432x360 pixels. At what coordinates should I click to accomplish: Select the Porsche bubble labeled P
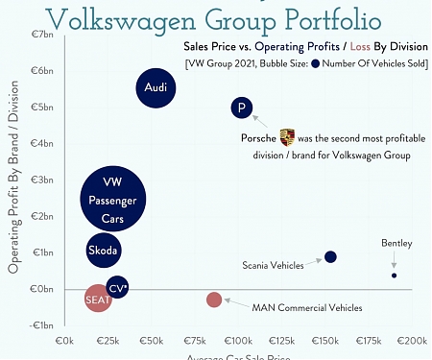[242, 108]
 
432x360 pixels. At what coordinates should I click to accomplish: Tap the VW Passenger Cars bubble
[112, 200]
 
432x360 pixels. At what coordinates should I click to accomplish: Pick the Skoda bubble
[103, 251]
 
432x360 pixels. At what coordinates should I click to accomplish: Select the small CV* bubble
[117, 287]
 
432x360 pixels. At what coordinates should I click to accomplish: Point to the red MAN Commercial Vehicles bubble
[214, 300]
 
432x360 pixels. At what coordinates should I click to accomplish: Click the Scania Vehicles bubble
[330, 256]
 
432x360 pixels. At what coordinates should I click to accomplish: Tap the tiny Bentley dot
[394, 276]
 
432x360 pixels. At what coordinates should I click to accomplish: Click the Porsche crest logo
[286, 137]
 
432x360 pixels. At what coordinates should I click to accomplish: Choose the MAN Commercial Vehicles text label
[307, 308]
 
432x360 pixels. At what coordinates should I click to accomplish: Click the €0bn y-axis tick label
[43, 289]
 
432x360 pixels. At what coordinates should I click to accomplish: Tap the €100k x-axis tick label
[238, 341]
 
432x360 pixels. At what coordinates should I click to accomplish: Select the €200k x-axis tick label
[412, 341]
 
